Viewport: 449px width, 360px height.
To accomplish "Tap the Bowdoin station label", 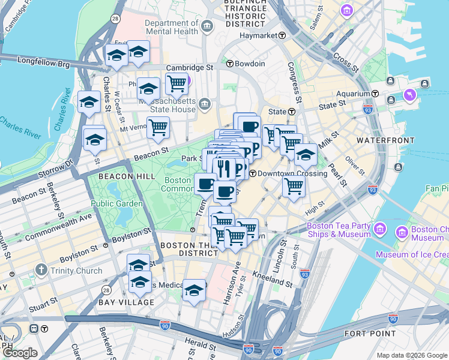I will tap(250, 64).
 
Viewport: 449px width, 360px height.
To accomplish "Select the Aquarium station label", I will tap(353, 94).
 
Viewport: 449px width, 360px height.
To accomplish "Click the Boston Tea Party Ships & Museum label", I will tap(339, 230).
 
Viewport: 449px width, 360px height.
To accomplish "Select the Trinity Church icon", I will tap(41, 271).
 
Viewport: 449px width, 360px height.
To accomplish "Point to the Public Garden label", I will tap(117, 203).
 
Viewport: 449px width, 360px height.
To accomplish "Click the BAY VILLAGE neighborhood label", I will tap(126, 302).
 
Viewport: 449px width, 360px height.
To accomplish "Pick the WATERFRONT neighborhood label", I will tap(385, 140).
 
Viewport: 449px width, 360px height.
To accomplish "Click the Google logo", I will tap(20, 353).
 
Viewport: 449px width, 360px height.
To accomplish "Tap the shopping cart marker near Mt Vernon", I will tap(158, 127).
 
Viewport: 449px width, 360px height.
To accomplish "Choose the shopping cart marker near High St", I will tap(294, 186).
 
